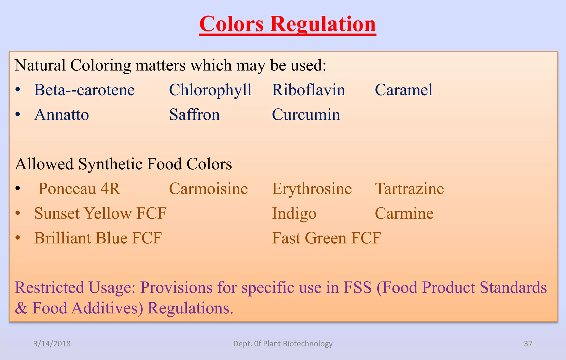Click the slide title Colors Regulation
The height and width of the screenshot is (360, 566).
coord(287,24)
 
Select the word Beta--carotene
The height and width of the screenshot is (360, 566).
coord(84,90)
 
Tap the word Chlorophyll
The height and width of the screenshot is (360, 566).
coord(210,90)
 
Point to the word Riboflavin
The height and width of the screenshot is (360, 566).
coord(308,90)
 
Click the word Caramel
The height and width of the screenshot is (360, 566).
coord(403,90)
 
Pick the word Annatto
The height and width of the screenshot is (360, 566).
coord(61,115)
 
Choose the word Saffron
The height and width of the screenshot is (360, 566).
coord(194,115)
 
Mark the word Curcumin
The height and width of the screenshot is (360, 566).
coord(306,115)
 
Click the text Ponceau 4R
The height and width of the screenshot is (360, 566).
coord(79,189)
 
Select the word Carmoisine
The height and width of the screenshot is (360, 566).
coord(208,189)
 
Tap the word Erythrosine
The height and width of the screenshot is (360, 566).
coord(312,189)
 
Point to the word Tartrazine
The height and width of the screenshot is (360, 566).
coord(409,189)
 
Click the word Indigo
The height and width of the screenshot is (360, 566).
coord(294,214)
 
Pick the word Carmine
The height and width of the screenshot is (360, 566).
coord(404,214)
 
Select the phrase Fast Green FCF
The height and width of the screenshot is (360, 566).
coord(326,238)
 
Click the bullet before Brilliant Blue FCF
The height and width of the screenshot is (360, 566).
coord(18,238)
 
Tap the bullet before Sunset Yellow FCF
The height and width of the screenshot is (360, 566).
coord(18,213)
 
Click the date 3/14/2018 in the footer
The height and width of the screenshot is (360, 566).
coord(52,344)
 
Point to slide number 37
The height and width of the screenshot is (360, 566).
coord(528,344)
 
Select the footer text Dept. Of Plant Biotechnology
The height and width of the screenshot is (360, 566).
coord(283,344)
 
